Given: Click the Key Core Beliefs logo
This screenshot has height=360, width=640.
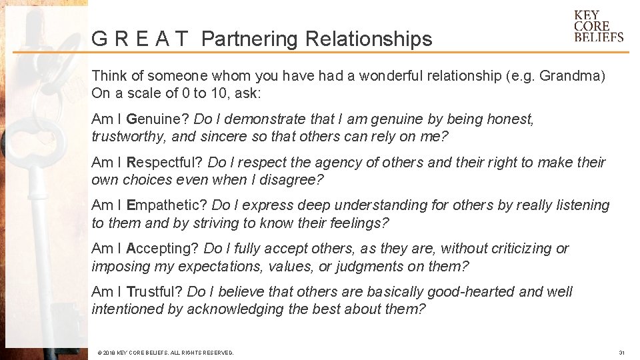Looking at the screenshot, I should [x=598, y=27].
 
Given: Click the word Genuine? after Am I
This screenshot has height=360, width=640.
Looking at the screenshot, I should [x=157, y=119].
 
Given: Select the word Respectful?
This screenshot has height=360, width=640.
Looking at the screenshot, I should [x=165, y=162].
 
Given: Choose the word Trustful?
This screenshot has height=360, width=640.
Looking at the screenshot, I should [x=155, y=292].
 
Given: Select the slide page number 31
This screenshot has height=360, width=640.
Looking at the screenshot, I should [x=621, y=352].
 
